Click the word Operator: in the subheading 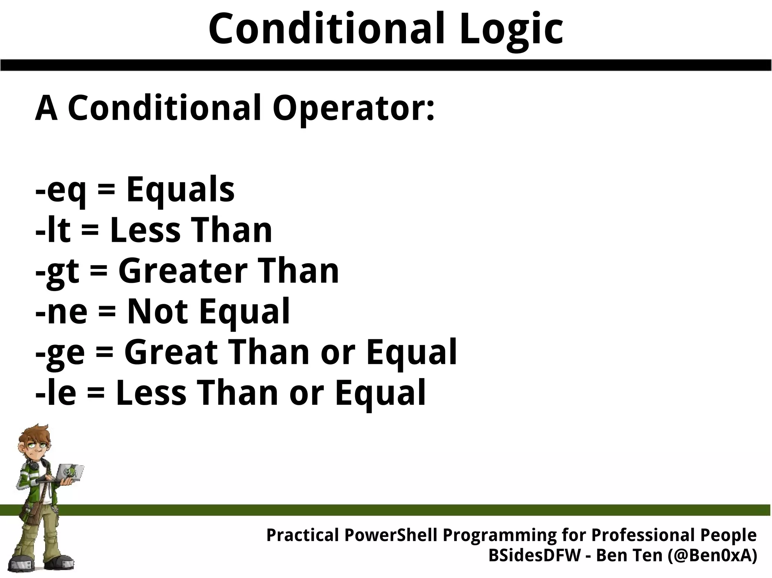[x=353, y=108]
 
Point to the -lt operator [x=53, y=230]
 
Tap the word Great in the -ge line [x=172, y=352]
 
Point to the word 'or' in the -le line [x=306, y=394]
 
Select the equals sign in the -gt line [x=99, y=272]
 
